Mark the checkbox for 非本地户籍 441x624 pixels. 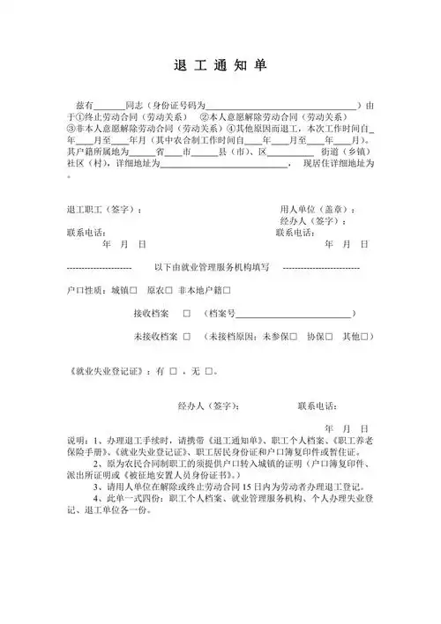pos(227,289)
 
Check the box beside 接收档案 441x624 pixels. pos(187,313)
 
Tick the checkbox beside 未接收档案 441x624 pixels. pos(187,337)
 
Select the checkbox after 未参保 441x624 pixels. pos(293,337)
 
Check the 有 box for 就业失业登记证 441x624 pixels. pos(174,372)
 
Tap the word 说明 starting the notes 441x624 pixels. pos(76,439)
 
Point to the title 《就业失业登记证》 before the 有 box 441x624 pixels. pos(106,372)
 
